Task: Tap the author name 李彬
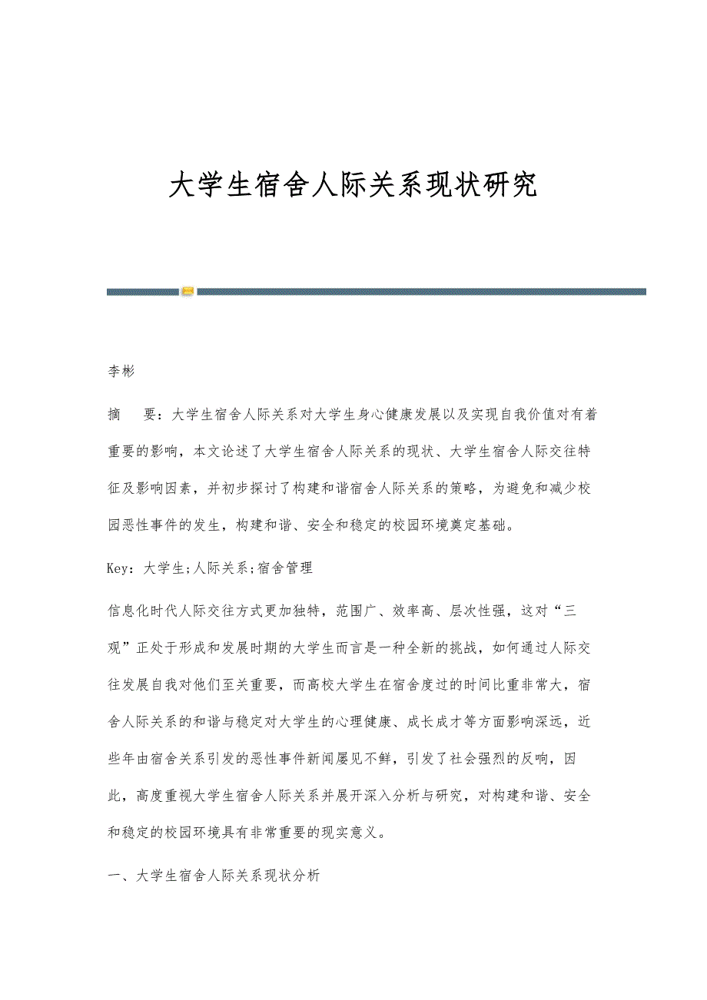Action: pyautogui.click(x=121, y=372)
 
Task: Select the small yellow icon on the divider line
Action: pyautogui.click(x=188, y=292)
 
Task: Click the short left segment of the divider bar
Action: pyautogui.click(x=143, y=292)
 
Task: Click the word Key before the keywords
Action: pyautogui.click(x=120, y=568)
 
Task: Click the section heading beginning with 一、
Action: pyautogui.click(x=214, y=876)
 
